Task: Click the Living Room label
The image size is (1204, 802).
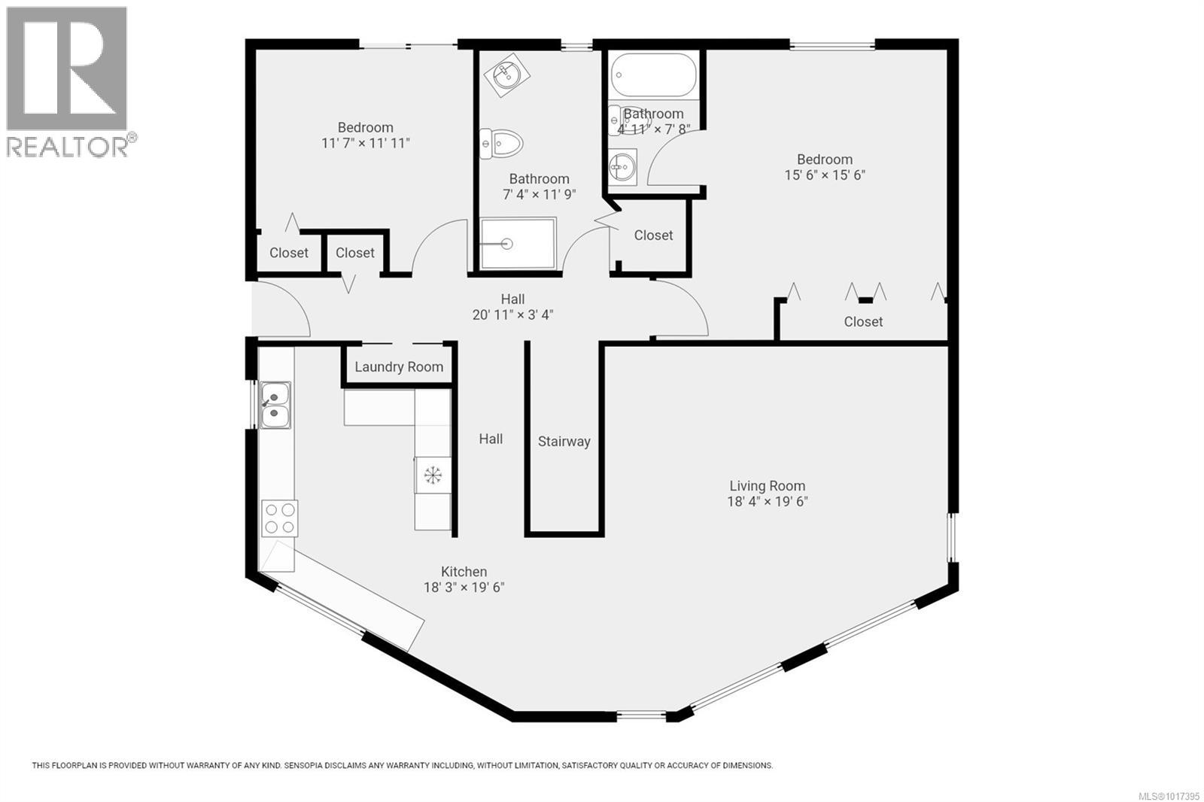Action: point(767,486)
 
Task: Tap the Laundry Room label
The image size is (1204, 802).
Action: point(399,367)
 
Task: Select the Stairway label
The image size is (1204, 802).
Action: point(564,442)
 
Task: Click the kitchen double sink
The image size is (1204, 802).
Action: point(275,406)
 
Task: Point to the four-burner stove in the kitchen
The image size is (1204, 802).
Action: point(279,518)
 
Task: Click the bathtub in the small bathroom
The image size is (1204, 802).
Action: point(652,75)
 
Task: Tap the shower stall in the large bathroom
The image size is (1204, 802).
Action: point(518,243)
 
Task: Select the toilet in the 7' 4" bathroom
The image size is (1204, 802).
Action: point(501,143)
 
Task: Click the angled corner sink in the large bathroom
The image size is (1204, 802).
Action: point(506,74)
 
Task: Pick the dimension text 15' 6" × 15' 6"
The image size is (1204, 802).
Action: point(825,175)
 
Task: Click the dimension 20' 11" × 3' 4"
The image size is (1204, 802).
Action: point(512,315)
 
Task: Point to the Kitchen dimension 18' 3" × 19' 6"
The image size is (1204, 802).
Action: point(464,588)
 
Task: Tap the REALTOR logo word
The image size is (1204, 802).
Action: point(68,147)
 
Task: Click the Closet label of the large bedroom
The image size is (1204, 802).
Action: point(863,322)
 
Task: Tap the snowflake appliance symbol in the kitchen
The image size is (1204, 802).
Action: point(433,475)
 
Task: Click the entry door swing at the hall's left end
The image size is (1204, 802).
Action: point(282,308)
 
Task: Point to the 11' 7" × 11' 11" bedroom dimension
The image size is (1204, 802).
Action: point(365,143)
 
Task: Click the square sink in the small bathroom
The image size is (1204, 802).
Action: point(622,166)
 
